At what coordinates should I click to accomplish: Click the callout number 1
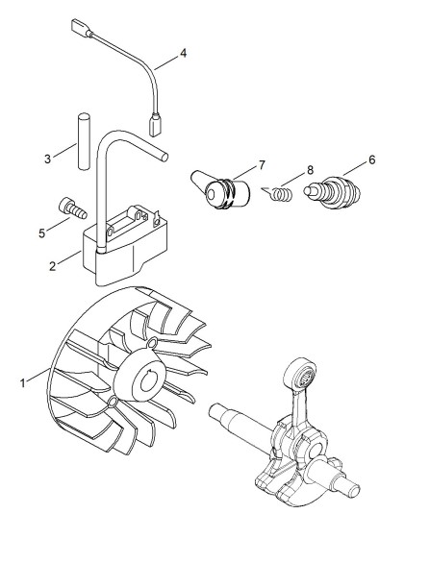[x=23, y=383]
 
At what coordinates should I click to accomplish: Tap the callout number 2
[x=53, y=266]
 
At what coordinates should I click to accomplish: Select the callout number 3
[x=47, y=159]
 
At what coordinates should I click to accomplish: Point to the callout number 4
[x=184, y=53]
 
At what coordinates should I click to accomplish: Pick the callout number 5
[x=42, y=233]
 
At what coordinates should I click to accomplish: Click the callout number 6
[x=371, y=159]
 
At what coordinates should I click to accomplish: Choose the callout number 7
[x=262, y=165]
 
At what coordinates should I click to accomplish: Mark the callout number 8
[x=310, y=170]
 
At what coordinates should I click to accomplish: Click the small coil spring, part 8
[x=278, y=193]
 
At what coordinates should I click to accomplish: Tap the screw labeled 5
[x=72, y=208]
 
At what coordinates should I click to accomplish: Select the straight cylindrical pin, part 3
[x=84, y=141]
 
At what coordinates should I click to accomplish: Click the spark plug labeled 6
[x=332, y=192]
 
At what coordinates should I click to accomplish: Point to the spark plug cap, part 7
[x=220, y=189]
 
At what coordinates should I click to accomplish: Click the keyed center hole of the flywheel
[x=148, y=381]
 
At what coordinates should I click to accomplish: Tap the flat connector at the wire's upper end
[x=80, y=26]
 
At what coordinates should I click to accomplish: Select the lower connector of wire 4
[x=155, y=125]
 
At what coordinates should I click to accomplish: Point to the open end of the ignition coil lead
[x=164, y=157]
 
